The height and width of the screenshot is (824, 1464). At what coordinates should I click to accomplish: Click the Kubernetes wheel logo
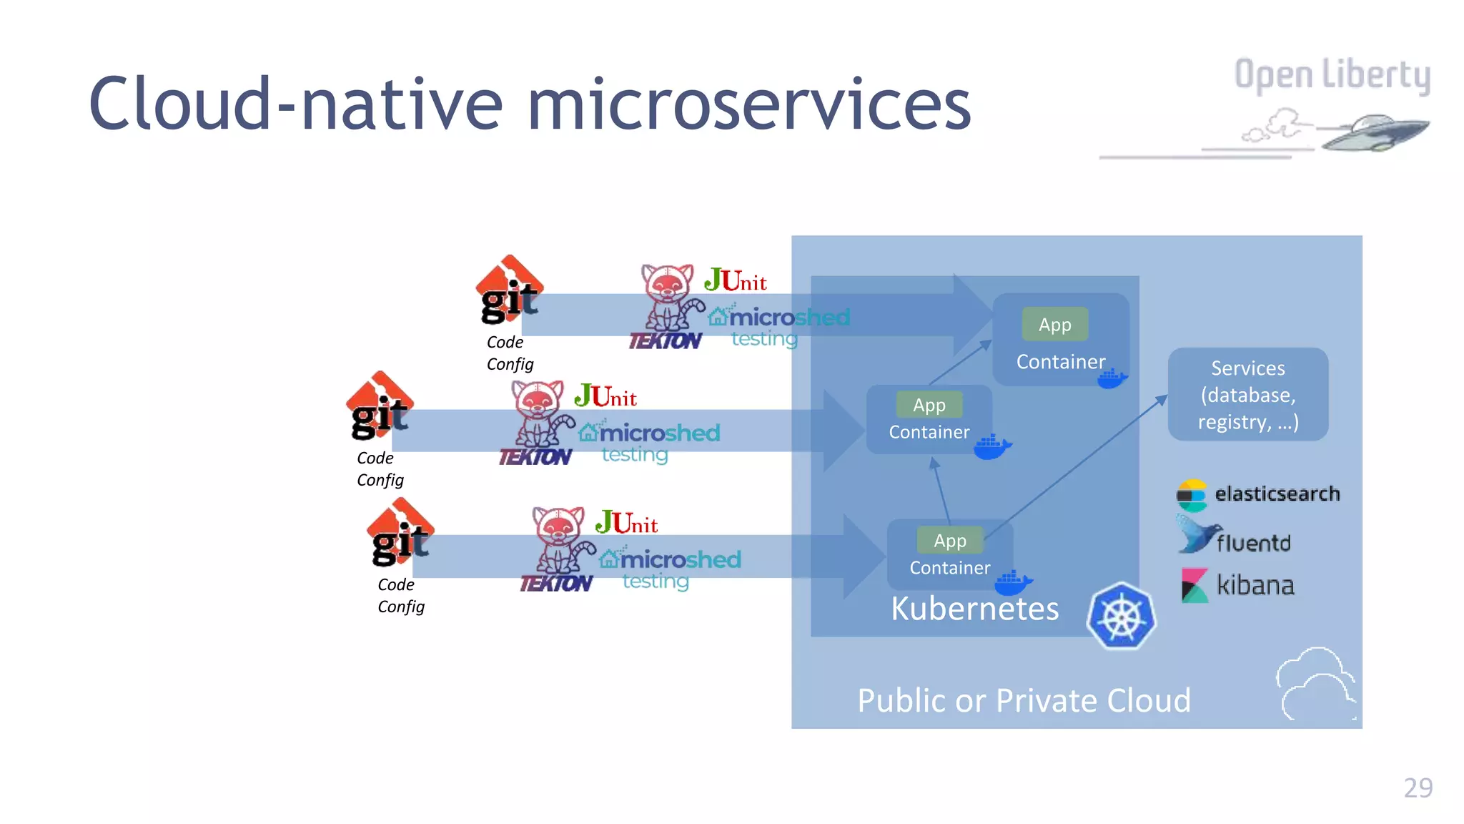point(1122,616)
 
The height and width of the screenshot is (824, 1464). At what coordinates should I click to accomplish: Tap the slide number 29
point(1418,788)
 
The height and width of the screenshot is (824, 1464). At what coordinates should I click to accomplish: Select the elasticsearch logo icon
point(1192,495)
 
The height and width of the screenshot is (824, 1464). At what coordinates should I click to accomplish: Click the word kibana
point(1255,586)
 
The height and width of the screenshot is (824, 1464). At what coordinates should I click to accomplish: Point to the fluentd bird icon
point(1197,535)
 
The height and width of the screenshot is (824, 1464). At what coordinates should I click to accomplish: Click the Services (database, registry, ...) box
point(1247,394)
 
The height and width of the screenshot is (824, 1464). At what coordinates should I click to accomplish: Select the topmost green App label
point(1054,325)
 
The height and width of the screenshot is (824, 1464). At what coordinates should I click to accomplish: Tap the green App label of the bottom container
point(949,541)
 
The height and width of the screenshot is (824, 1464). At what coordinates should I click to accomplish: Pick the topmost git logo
point(509,290)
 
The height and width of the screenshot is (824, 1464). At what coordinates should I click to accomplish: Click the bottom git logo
point(400,533)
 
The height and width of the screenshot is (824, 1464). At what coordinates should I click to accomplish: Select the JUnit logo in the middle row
point(605,396)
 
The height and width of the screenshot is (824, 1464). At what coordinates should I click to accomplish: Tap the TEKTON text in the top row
point(665,341)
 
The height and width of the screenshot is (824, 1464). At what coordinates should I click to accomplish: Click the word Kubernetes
point(974,609)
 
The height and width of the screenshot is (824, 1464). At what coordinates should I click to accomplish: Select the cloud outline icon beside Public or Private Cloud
point(1315,683)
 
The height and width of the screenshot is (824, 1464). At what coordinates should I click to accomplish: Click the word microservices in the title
point(748,104)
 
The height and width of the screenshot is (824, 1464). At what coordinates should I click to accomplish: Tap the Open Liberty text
point(1332,75)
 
